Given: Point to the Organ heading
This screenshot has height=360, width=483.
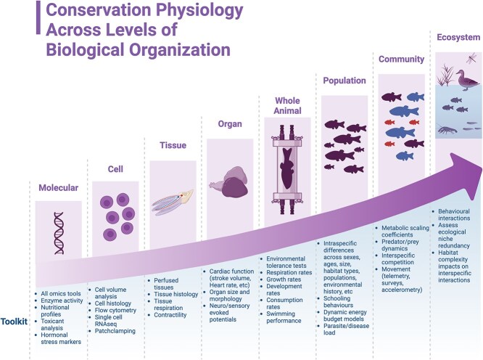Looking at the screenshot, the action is coord(230,124).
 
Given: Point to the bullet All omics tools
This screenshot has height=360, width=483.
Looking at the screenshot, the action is coord(63,292).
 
